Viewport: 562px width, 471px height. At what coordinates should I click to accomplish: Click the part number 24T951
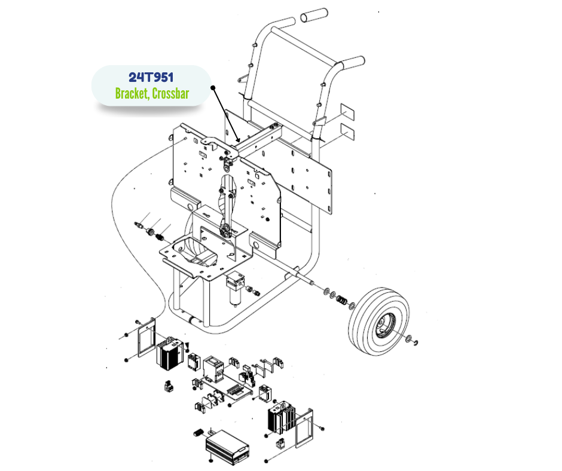point(151,78)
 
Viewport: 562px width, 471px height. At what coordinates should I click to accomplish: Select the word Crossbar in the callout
point(170,94)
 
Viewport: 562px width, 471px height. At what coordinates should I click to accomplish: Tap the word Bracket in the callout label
point(132,94)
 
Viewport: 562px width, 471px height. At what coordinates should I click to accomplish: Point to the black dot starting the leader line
point(212,87)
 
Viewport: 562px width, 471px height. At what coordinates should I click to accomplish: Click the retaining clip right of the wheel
point(413,341)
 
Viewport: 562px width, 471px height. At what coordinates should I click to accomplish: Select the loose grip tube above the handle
point(313,16)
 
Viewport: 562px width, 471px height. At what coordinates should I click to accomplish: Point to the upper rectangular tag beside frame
point(348,111)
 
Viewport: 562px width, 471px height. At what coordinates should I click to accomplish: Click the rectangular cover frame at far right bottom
point(304,425)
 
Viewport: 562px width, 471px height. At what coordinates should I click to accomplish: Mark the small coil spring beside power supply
point(200,433)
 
